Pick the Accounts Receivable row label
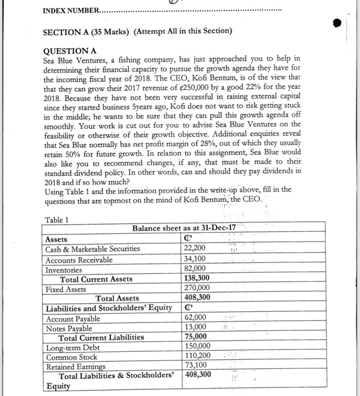79,259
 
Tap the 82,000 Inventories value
196,269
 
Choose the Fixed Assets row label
66,289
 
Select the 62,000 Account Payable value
196,318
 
